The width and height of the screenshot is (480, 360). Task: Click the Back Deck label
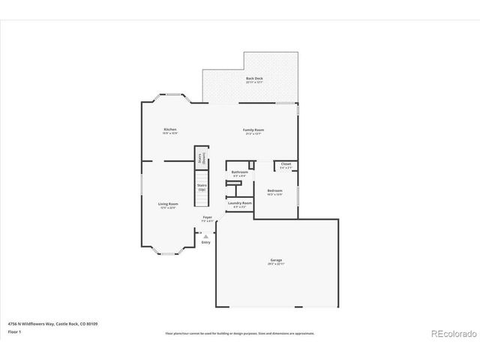tap(254, 78)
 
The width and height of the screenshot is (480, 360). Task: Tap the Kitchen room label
tap(170, 130)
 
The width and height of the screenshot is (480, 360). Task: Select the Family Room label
tap(253, 130)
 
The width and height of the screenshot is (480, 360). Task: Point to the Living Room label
tap(167, 204)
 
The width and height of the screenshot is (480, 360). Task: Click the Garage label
tap(277, 260)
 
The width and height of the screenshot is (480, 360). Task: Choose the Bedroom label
tap(274, 191)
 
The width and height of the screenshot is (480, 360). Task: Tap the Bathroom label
tap(239, 172)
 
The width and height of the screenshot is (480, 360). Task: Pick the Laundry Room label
tap(240, 202)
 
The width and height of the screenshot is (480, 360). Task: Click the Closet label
tap(286, 163)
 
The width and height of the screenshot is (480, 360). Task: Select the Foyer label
tap(207, 217)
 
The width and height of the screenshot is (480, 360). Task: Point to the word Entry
tap(205, 242)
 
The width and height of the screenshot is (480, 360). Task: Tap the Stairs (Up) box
tap(202, 187)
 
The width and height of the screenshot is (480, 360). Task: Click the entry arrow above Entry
tap(205, 235)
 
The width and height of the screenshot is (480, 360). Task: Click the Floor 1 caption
tap(14, 331)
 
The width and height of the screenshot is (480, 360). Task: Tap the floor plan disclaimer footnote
tap(239, 332)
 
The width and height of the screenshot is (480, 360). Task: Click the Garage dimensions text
tap(277, 264)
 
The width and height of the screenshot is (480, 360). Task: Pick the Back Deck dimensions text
tap(254, 82)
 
